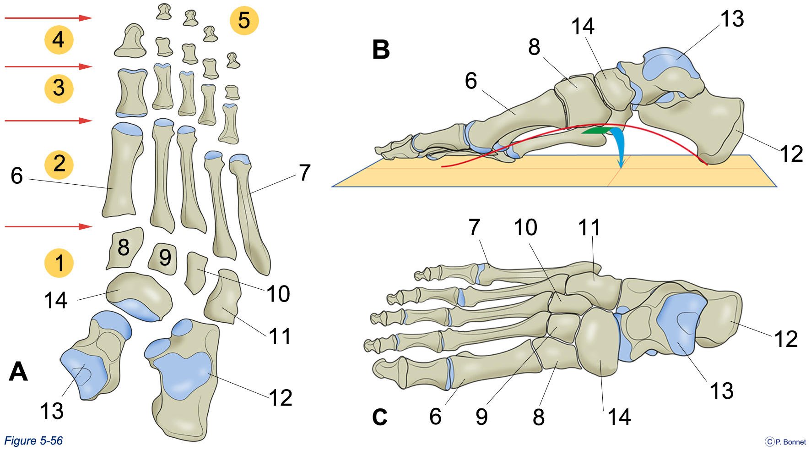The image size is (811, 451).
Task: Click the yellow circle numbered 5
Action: pyautogui.click(x=244, y=21)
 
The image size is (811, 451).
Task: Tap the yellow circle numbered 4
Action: pyautogui.click(x=59, y=40)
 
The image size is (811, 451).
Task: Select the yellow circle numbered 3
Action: pyautogui.click(x=59, y=88)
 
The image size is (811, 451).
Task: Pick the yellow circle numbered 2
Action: pyautogui.click(x=59, y=164)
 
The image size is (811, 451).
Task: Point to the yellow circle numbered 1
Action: pyautogui.click(x=59, y=263)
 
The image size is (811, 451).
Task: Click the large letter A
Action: pyautogui.click(x=18, y=371)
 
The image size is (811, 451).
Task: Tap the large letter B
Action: pyautogui.click(x=381, y=49)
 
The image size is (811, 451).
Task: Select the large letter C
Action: pyautogui.click(x=380, y=417)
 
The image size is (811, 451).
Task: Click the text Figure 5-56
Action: pyautogui.click(x=33, y=441)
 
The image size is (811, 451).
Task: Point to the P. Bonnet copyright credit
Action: pyautogui.click(x=785, y=442)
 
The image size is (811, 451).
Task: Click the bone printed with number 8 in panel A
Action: pyautogui.click(x=124, y=248)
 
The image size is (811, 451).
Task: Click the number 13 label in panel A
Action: pyautogui.click(x=52, y=411)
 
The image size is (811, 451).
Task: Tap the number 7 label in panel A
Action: pyautogui.click(x=305, y=173)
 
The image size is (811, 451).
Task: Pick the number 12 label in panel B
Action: pyautogui.click(x=791, y=154)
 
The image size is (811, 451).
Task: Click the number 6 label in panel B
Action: pyautogui.click(x=471, y=81)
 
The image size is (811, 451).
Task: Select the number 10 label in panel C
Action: pyautogui.click(x=525, y=227)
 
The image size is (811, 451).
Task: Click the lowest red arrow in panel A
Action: pyautogui.click(x=49, y=226)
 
